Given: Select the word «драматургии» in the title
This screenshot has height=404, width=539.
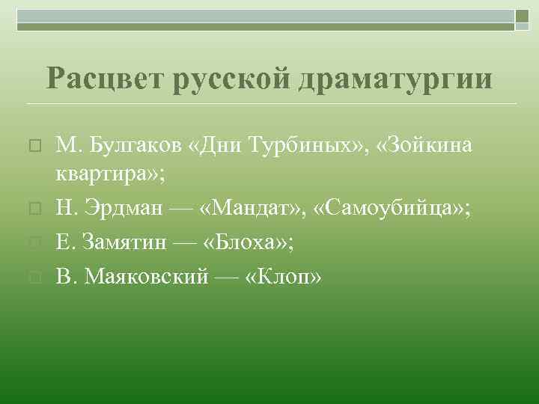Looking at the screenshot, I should click(x=395, y=79).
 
